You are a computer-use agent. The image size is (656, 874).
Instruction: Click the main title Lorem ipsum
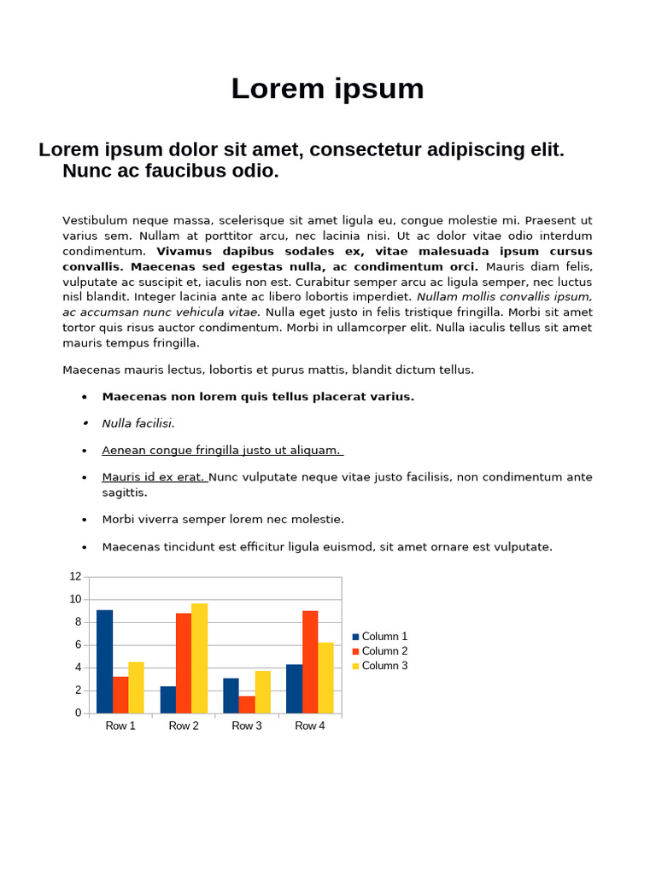click(327, 89)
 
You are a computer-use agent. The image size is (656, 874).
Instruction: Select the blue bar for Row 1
click(104, 661)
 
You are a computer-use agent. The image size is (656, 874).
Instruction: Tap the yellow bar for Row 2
click(199, 658)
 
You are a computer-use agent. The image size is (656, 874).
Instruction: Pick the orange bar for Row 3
click(247, 704)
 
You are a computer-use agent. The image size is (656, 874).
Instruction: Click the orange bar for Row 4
click(310, 661)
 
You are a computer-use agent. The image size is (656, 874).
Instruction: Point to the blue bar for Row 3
click(231, 696)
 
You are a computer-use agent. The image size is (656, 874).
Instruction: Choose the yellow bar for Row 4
click(325, 678)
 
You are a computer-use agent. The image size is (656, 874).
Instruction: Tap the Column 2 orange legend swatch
click(355, 651)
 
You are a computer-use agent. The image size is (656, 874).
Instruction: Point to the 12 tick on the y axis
click(76, 577)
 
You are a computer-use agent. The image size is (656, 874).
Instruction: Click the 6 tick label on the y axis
click(78, 645)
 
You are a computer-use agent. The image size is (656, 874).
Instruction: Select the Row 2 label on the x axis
click(184, 726)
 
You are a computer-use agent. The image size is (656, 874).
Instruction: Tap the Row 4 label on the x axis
click(310, 726)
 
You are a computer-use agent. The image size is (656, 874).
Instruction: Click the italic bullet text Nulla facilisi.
click(138, 423)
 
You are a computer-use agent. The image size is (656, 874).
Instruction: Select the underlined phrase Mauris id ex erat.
click(154, 477)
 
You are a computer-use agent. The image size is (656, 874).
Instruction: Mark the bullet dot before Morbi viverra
click(85, 520)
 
